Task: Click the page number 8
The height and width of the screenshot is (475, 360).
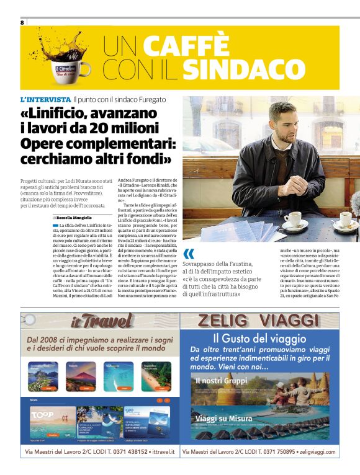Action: click(x=22, y=22)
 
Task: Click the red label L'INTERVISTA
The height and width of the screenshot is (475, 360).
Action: click(x=45, y=99)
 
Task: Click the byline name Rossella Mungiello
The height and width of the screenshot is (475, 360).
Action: click(x=74, y=218)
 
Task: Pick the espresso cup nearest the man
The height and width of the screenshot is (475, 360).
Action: click(x=292, y=219)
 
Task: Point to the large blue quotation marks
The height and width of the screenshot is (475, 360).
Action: click(x=189, y=254)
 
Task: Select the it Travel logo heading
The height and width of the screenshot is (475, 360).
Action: click(x=101, y=321)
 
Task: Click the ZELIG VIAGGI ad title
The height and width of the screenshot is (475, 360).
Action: click(x=259, y=321)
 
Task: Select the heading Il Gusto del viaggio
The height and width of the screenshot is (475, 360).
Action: click(x=259, y=339)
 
